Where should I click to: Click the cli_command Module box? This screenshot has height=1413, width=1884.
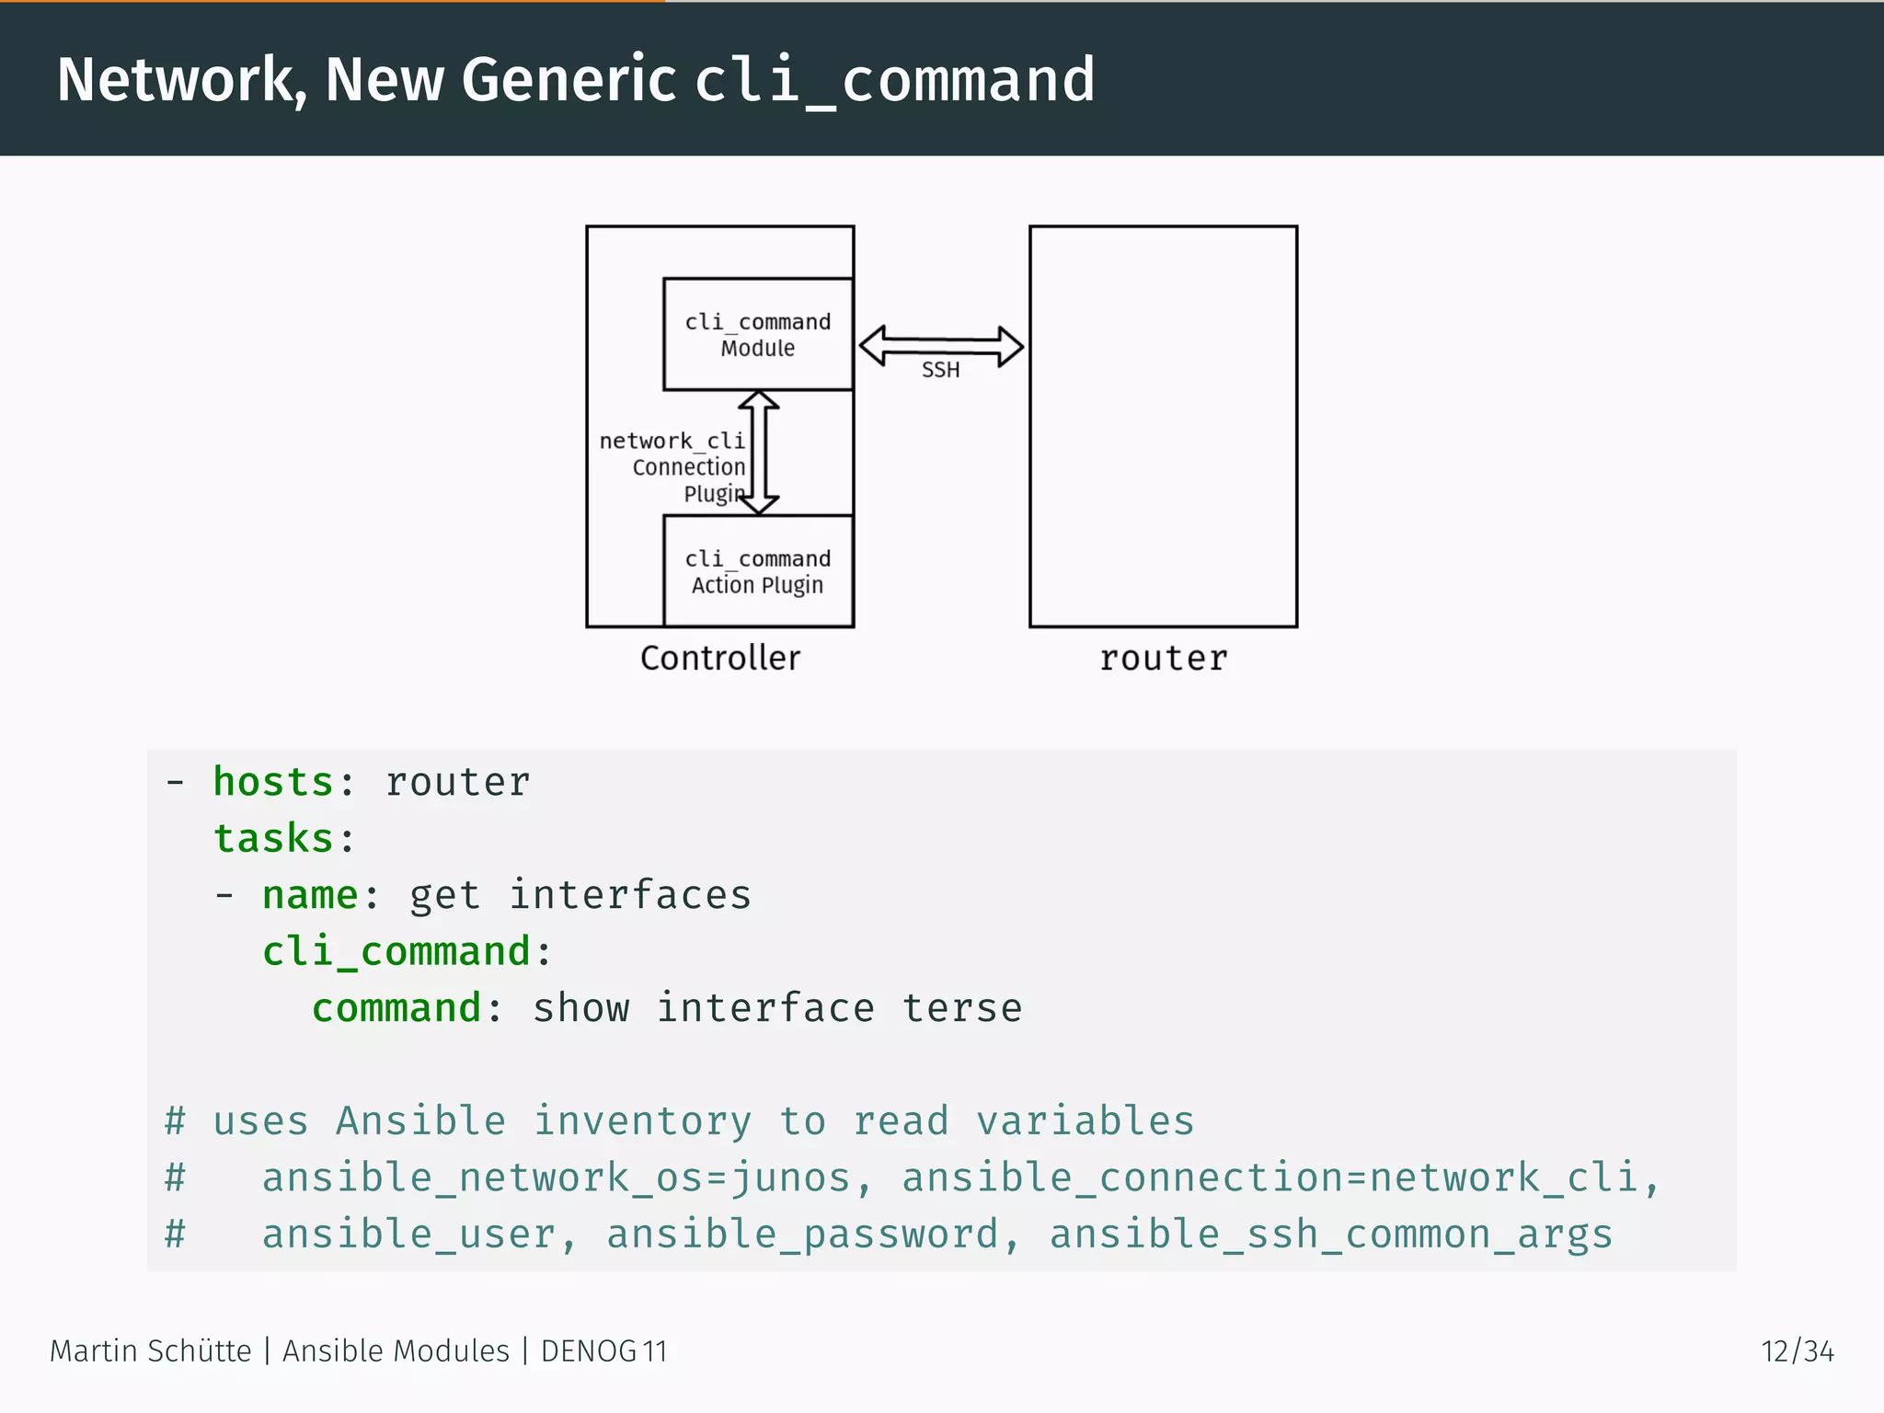pyautogui.click(x=758, y=334)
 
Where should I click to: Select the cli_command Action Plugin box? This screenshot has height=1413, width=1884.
pyautogui.click(x=758, y=571)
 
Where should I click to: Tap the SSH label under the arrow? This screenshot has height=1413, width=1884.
pyautogui.click(x=940, y=370)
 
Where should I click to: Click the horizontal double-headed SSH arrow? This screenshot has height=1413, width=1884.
pyautogui.click(x=940, y=346)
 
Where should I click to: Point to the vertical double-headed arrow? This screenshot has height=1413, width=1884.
pyautogui.click(x=759, y=452)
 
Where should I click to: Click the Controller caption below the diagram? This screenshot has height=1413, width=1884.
pyautogui.click(x=720, y=659)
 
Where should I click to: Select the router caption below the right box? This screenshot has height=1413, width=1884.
pyautogui.click(x=1164, y=659)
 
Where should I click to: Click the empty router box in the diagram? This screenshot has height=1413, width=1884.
pyautogui.click(x=1164, y=426)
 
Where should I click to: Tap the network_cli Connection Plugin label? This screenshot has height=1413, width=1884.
pyautogui.click(x=672, y=466)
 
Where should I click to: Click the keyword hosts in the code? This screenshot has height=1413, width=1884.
pyautogui.click(x=273, y=782)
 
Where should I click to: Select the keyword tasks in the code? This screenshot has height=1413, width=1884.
pyautogui.click(x=273, y=838)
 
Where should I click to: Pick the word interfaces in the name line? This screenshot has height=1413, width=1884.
pyautogui.click(x=630, y=895)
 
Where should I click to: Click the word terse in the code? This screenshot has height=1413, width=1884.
pyautogui.click(x=961, y=1008)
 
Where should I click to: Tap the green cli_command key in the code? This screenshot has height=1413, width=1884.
pyautogui.click(x=396, y=951)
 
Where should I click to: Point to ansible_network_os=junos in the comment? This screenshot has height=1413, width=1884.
pyautogui.click(x=557, y=1178)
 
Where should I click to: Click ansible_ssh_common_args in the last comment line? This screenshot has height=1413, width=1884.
pyautogui.click(x=1331, y=1235)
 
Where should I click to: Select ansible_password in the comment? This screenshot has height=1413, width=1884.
pyautogui.click(x=803, y=1235)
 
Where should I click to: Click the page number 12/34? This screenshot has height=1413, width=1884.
pyautogui.click(x=1797, y=1351)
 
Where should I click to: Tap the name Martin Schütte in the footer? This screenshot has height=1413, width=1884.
pyautogui.click(x=150, y=1351)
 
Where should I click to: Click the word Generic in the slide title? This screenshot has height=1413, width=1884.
pyautogui.click(x=569, y=79)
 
